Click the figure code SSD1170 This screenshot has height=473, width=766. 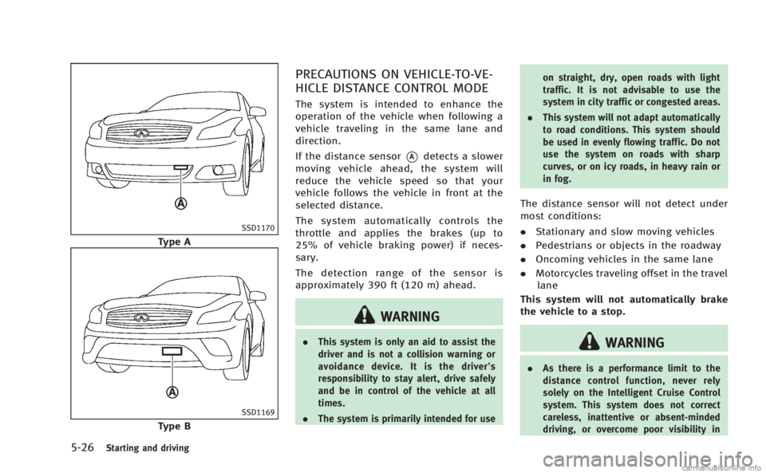258,228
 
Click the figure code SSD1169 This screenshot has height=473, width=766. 258,412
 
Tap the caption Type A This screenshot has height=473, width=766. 174,242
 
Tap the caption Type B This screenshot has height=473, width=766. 174,426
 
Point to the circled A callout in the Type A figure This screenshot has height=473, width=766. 182,203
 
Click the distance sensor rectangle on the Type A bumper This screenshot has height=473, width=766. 181,168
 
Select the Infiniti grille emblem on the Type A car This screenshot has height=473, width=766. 142,132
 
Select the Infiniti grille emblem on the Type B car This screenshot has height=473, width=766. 142,317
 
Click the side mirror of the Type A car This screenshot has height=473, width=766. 257,112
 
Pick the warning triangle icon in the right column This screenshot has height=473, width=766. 590,342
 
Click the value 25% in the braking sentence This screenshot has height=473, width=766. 306,245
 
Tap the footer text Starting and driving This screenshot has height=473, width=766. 148,447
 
